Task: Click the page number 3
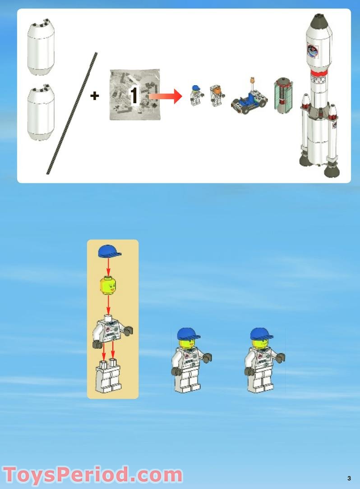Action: click(349, 478)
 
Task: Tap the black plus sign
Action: click(95, 96)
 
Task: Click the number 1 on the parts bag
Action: click(134, 96)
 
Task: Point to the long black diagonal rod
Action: click(72, 113)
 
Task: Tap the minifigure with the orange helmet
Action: click(217, 96)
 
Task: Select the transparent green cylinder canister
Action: click(282, 96)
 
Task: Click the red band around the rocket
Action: click(319, 72)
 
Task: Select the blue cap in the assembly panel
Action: click(110, 251)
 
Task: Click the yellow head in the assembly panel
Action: click(108, 286)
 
